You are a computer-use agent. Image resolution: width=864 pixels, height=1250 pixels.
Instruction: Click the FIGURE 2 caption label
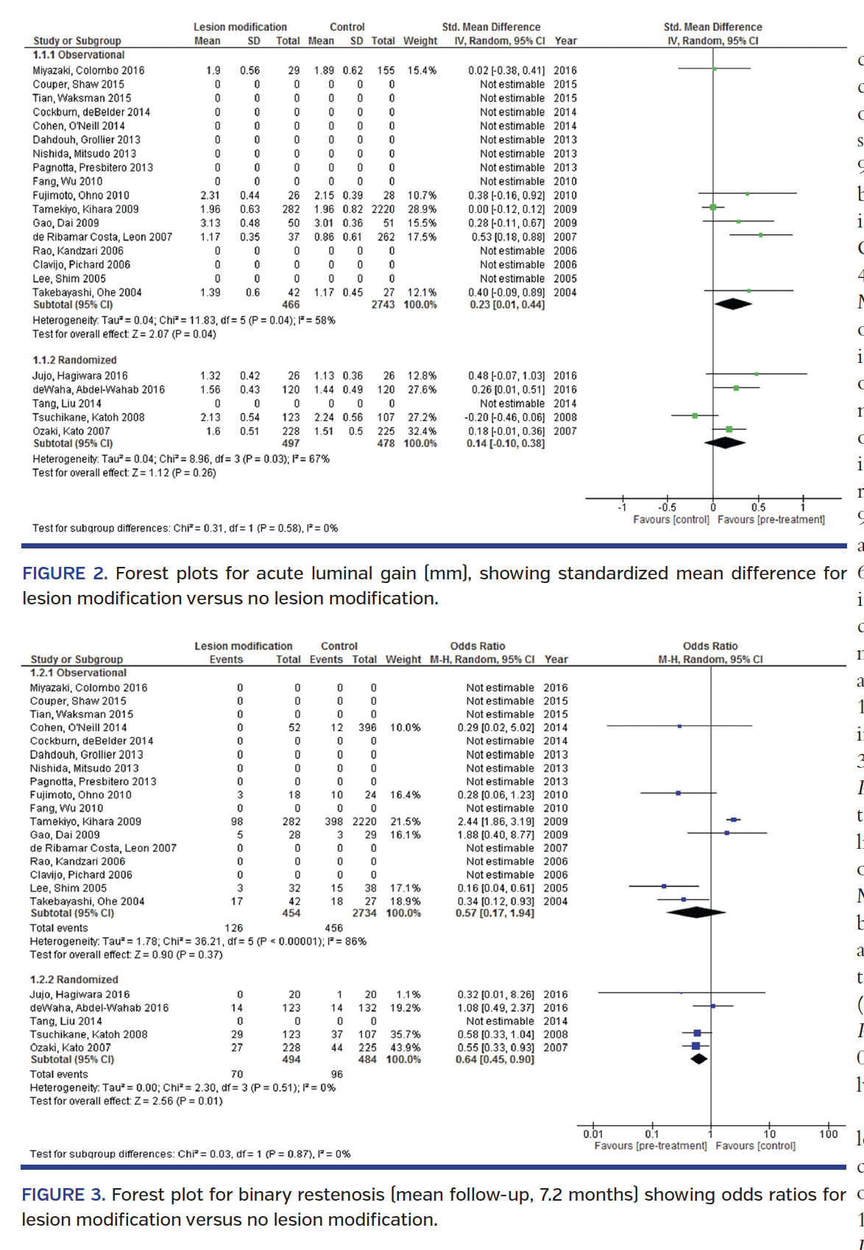pyautogui.click(x=65, y=573)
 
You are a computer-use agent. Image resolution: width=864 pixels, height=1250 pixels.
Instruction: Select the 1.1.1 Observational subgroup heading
pyautogui.click(x=79, y=55)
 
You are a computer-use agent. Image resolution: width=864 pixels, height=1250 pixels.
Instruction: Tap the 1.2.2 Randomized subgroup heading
pyautogui.click(x=74, y=979)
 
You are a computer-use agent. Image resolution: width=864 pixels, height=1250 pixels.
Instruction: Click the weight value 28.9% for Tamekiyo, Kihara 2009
pyautogui.click(x=422, y=209)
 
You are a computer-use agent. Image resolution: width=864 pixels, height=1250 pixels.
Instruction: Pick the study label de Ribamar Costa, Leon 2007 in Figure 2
pyautogui.click(x=102, y=237)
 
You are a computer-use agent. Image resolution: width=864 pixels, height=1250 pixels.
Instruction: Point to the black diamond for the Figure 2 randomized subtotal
pyautogui.click(x=725, y=442)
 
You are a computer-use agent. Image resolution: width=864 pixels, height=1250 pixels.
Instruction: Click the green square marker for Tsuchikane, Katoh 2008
pyautogui.click(x=695, y=416)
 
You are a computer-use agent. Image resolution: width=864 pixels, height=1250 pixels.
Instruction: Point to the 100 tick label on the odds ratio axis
pyautogui.click(x=828, y=1134)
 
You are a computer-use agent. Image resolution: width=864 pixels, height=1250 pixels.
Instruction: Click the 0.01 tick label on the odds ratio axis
pyautogui.click(x=593, y=1134)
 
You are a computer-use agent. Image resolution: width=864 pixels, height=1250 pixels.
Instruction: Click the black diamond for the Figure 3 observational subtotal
pyautogui.click(x=695, y=912)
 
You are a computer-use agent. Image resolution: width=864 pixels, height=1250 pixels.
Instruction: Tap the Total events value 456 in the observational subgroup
pyautogui.click(x=333, y=928)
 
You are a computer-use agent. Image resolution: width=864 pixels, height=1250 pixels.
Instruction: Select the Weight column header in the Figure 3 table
pyautogui.click(x=403, y=660)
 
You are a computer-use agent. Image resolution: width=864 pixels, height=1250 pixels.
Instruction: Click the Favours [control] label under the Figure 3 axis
pyautogui.click(x=755, y=1146)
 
